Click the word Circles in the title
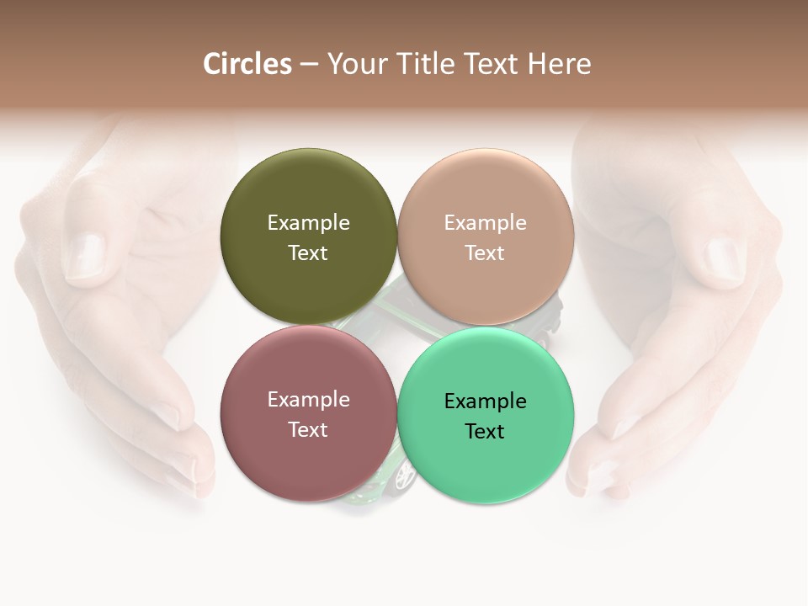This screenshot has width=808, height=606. tap(247, 64)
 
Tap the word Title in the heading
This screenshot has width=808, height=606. tap(427, 64)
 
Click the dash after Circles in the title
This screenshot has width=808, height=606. tap(309, 65)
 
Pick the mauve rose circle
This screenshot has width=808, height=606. tap(308, 458)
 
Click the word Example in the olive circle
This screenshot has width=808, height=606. tap(308, 222)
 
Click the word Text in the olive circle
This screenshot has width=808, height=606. tap(308, 252)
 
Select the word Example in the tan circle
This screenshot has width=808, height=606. tap(486, 222)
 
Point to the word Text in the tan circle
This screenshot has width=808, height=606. tap(486, 252)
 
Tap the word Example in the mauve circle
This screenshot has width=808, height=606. tap(308, 399)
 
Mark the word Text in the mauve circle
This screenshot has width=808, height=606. tap(308, 429)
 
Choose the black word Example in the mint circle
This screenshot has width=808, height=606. tap(486, 401)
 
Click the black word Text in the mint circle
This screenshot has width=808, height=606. tap(486, 431)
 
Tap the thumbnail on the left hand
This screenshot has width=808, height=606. tap(85, 252)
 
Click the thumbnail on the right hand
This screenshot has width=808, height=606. tap(722, 258)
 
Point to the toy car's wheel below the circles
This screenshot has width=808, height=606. tap(405, 476)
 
